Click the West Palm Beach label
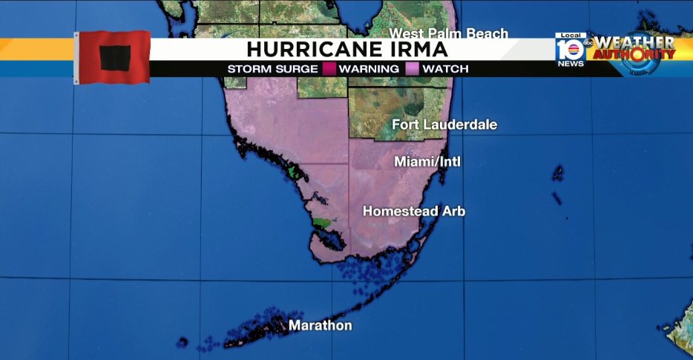(x=449, y=33)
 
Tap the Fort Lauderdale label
(x=444, y=125)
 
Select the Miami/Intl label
(x=427, y=161)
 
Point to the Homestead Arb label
(x=413, y=212)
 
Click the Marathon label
(x=320, y=326)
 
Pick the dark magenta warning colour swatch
(x=330, y=69)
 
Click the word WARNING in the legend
(x=370, y=69)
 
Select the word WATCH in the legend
(x=445, y=69)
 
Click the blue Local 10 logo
(x=571, y=49)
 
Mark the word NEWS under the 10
(x=571, y=64)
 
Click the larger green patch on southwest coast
(x=322, y=221)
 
